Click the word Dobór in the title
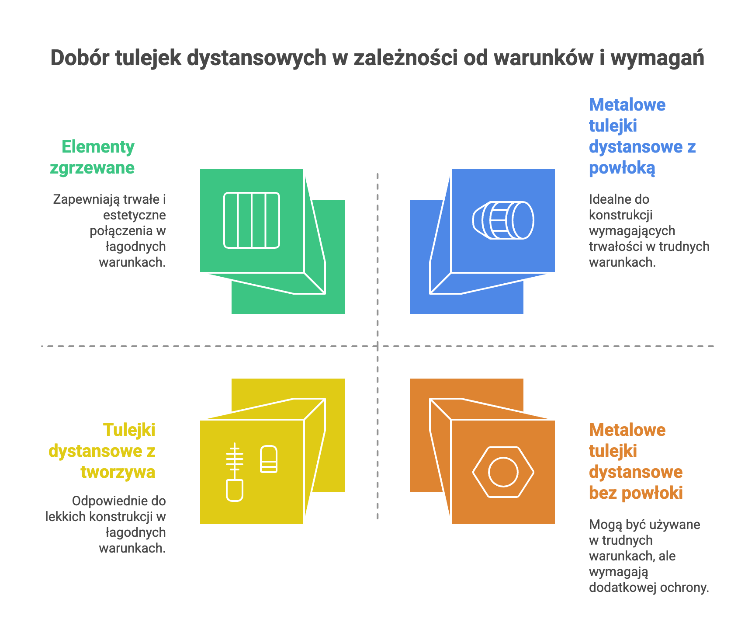79,58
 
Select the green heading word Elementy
98,147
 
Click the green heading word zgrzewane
92,168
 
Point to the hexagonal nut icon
503,472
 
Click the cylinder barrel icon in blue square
503,220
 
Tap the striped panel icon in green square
252,220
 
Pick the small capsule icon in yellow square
269,459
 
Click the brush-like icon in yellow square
235,472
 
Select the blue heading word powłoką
622,168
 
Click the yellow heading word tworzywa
118,472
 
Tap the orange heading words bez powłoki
635,493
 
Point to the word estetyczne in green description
135,215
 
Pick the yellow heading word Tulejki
129,430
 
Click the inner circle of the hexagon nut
503,472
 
